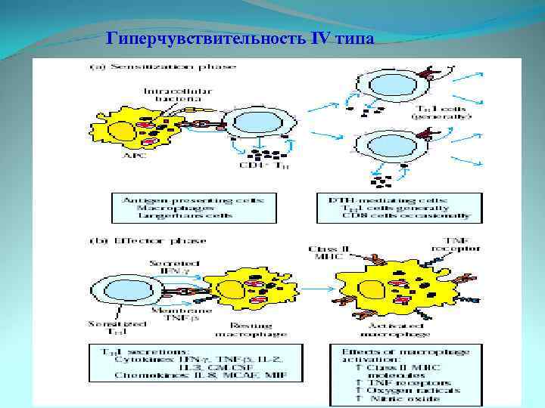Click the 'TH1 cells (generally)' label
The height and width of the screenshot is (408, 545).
441,113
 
